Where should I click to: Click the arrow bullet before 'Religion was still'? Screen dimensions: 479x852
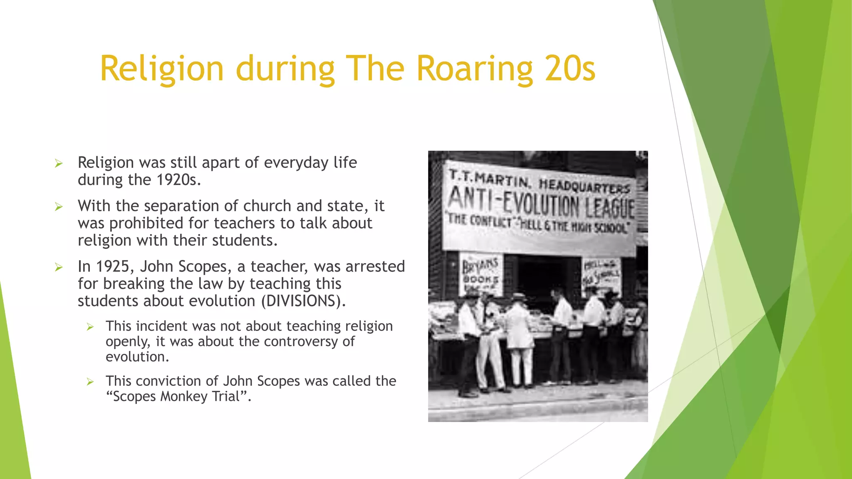tap(59, 163)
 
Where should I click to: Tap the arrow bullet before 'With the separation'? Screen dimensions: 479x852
tap(59, 207)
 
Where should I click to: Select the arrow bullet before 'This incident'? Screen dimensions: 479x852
tap(90, 327)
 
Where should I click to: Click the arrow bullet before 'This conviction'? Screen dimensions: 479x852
tap(90, 382)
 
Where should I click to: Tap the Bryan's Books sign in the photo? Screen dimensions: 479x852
tap(480, 274)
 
